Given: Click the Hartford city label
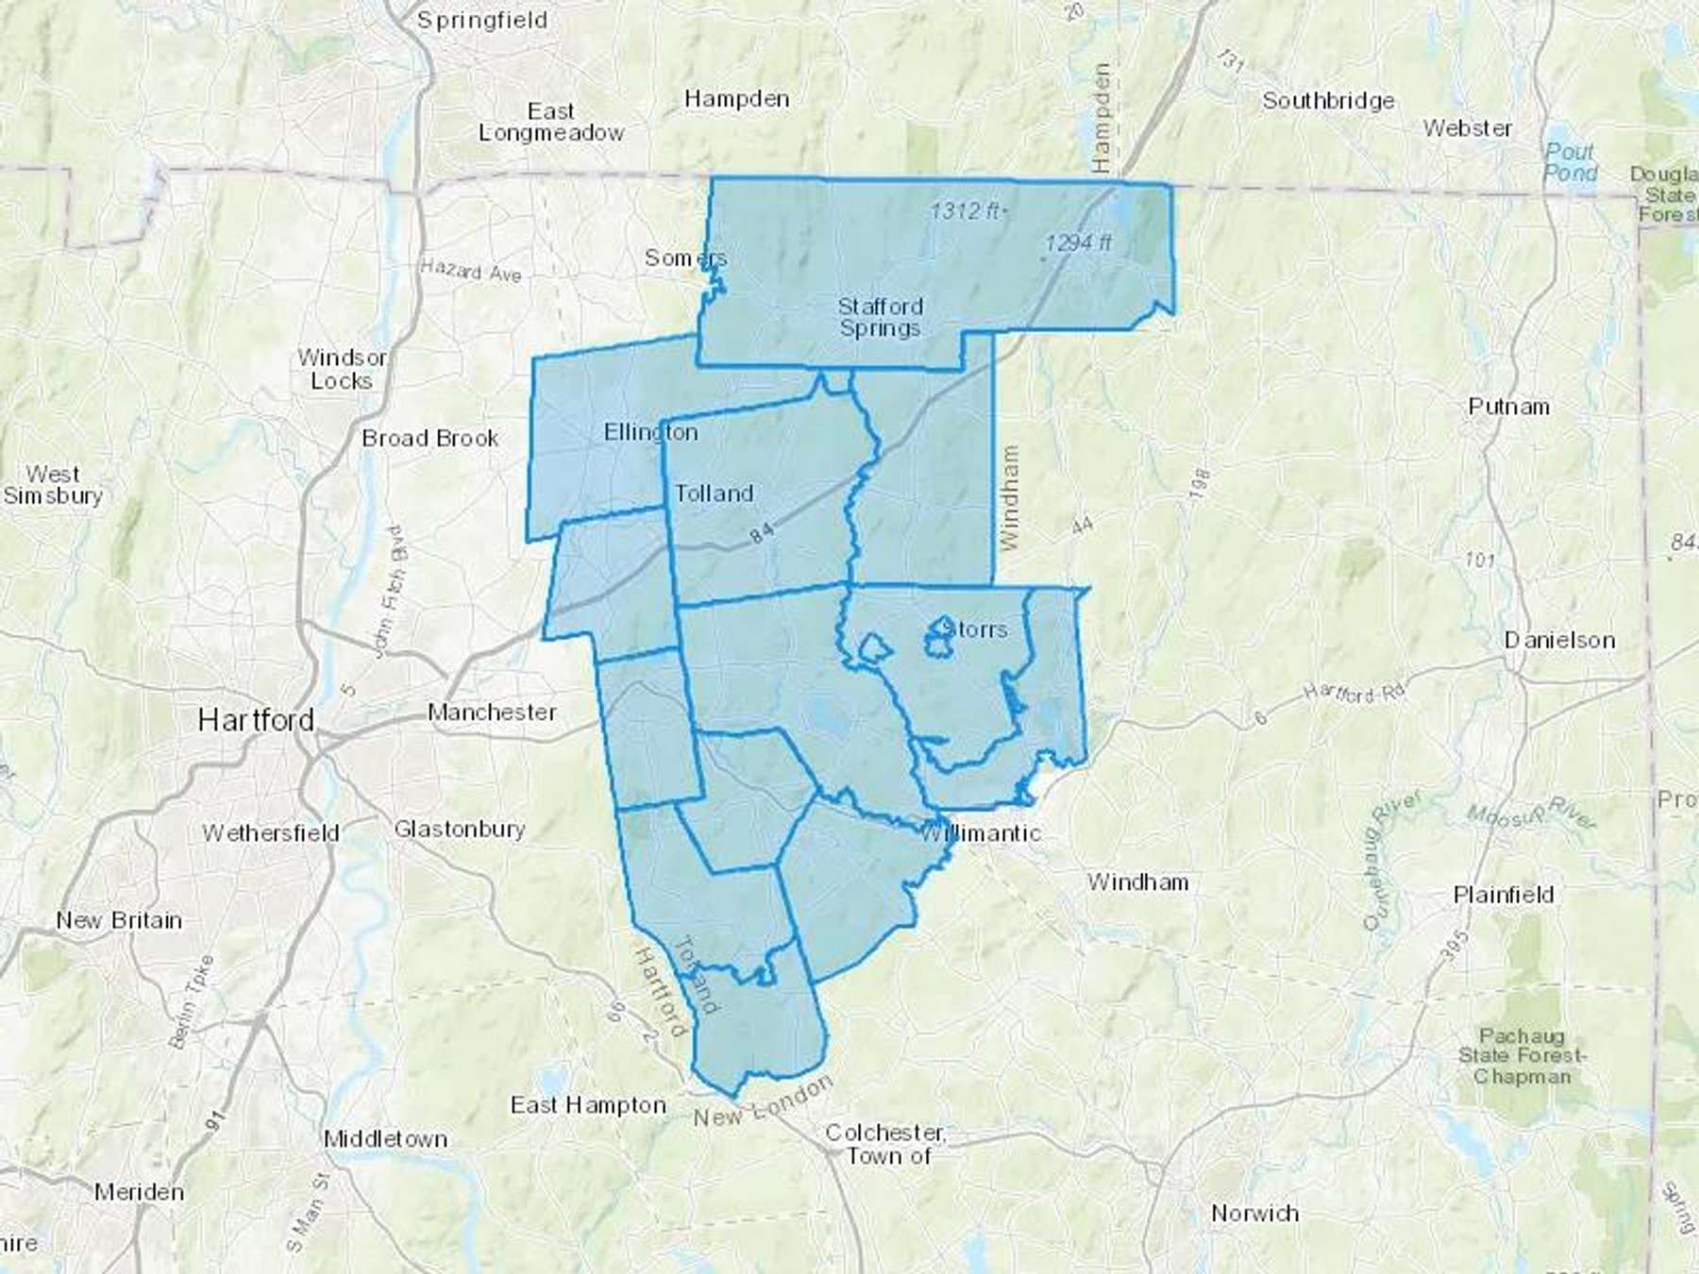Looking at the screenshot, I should [256, 721].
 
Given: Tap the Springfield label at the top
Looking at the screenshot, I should [482, 20].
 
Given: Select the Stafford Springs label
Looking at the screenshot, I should [880, 317].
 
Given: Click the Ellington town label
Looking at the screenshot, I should [650, 432].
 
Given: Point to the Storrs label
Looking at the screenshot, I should [974, 629].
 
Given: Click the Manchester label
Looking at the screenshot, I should [492, 712].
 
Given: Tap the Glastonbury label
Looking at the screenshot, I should [460, 830].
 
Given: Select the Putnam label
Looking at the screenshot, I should [1508, 407].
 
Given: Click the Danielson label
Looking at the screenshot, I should [1559, 640].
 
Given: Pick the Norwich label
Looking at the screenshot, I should [1254, 1214].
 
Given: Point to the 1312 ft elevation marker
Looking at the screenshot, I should [966, 210].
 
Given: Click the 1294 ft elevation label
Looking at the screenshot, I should [1078, 243].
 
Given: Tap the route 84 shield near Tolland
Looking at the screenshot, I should [762, 534].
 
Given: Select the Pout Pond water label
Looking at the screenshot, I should [1570, 161].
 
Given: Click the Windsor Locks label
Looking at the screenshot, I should [341, 369].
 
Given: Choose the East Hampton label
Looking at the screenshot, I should [588, 1105].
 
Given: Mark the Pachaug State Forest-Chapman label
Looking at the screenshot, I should [1522, 1056].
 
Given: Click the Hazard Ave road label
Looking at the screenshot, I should [471, 272].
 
